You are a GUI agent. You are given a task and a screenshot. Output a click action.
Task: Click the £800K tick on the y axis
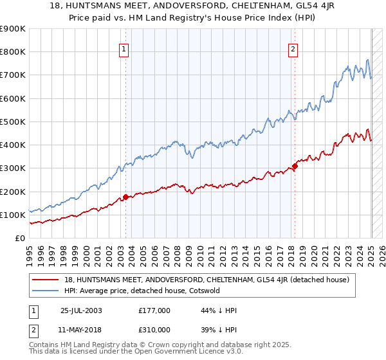point(13,52)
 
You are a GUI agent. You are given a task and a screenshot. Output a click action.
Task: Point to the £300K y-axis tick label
point(13,168)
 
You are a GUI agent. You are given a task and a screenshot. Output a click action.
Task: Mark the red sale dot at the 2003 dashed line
point(125,197)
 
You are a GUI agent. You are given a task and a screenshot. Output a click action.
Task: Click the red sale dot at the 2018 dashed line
point(295,166)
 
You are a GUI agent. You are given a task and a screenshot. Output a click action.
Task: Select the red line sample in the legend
point(45,280)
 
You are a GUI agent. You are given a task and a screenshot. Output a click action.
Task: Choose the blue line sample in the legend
point(45,291)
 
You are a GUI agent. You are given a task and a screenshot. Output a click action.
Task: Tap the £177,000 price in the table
point(154,310)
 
